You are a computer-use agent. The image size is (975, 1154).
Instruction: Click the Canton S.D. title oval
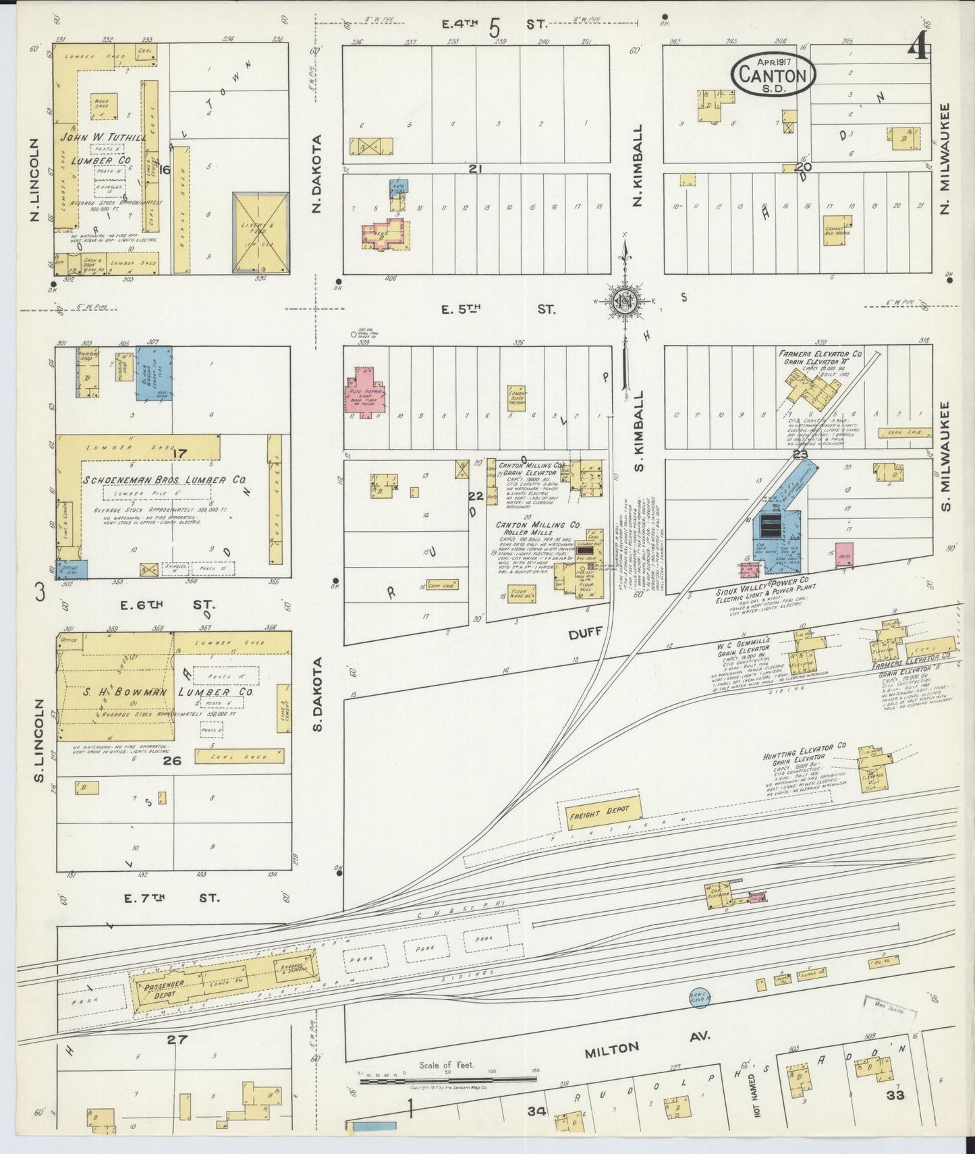point(773,75)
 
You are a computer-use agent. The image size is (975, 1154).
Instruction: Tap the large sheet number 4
point(918,47)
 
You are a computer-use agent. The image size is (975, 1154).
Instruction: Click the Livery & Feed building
point(260,233)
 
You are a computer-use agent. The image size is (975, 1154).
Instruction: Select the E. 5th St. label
point(498,310)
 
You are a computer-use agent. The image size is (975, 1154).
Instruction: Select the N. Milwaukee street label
point(944,159)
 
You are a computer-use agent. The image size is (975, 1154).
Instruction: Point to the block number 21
point(474,169)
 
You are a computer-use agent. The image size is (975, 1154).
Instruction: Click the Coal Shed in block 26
point(239,757)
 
